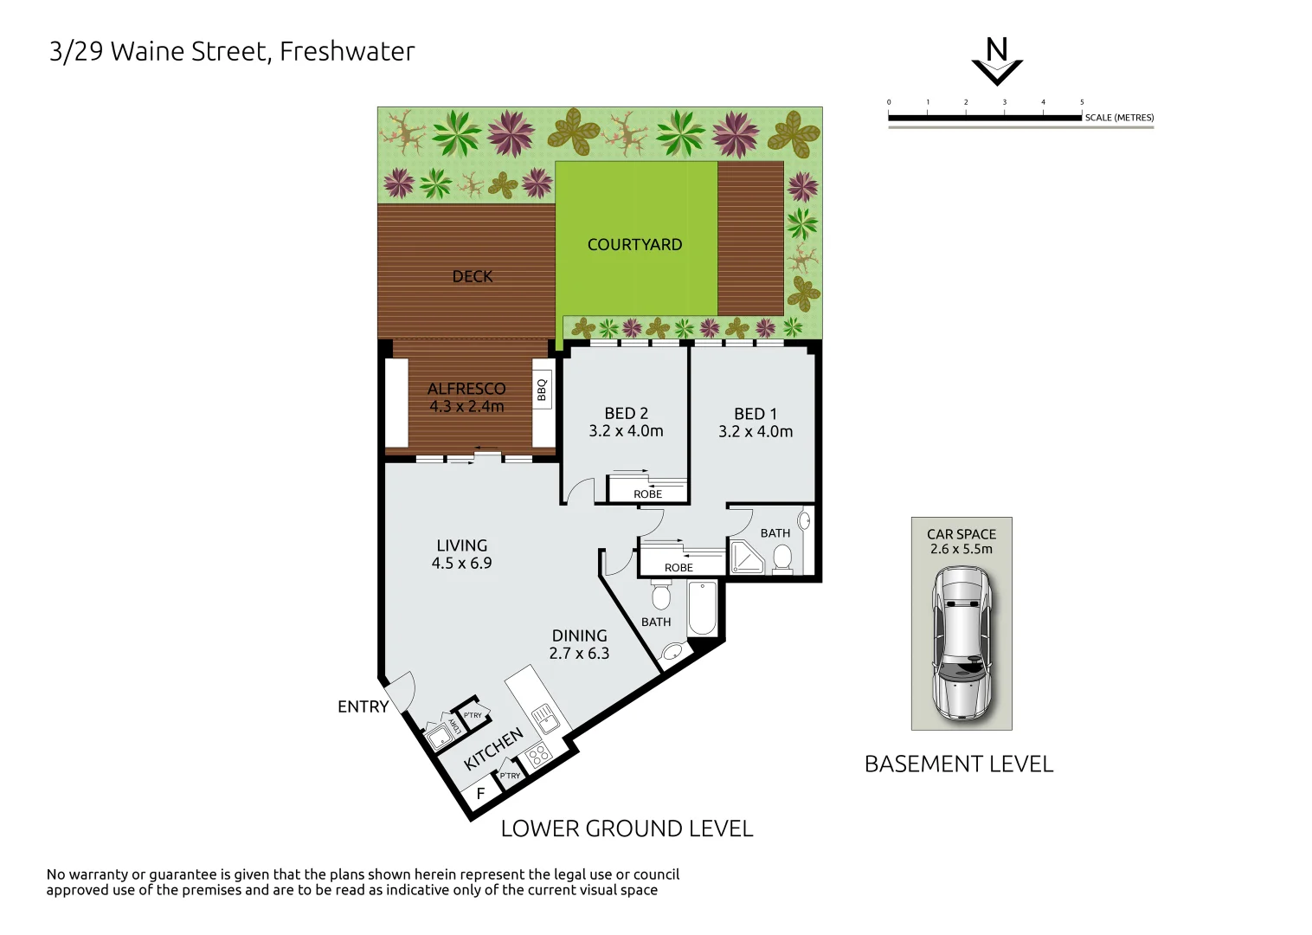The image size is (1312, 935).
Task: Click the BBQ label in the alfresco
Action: [x=543, y=390]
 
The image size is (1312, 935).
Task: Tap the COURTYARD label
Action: [x=634, y=245]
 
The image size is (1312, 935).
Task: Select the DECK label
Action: [x=472, y=276]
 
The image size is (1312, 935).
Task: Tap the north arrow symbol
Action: [x=997, y=62]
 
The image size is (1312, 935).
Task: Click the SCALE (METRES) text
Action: [x=1119, y=118]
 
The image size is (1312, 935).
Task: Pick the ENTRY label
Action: [x=363, y=707]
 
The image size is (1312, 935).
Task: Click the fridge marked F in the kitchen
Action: [x=480, y=793]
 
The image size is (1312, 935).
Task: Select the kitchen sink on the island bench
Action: [x=545, y=719]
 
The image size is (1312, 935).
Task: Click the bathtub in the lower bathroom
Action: [x=702, y=608]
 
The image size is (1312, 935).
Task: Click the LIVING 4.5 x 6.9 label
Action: [x=461, y=554]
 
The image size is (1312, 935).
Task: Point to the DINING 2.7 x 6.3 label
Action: [x=579, y=645]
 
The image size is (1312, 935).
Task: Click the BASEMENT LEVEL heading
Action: [x=959, y=764]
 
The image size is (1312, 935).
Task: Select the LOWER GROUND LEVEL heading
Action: [x=627, y=829]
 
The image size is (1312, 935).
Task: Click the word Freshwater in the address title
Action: [x=347, y=52]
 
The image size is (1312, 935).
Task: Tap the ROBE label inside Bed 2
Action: [x=647, y=494]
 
